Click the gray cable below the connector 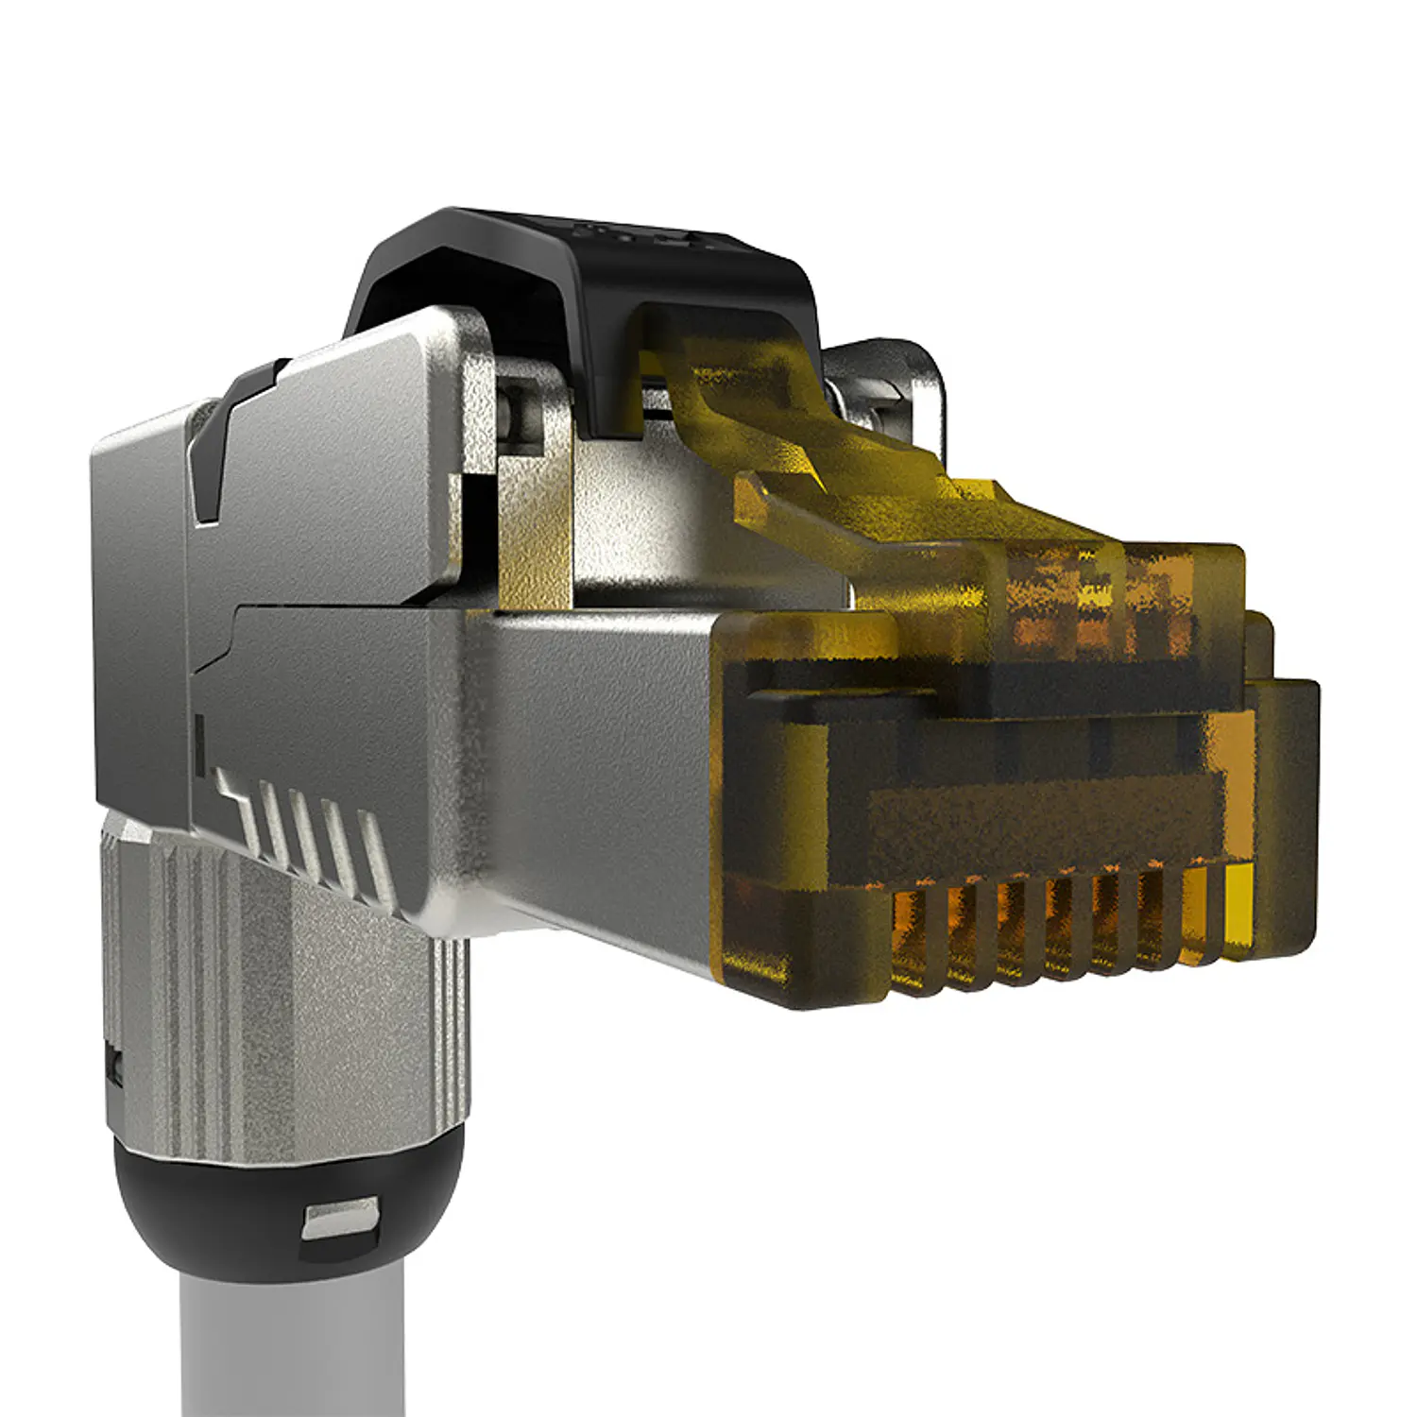coord(293,1341)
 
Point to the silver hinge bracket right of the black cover coord(888,387)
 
